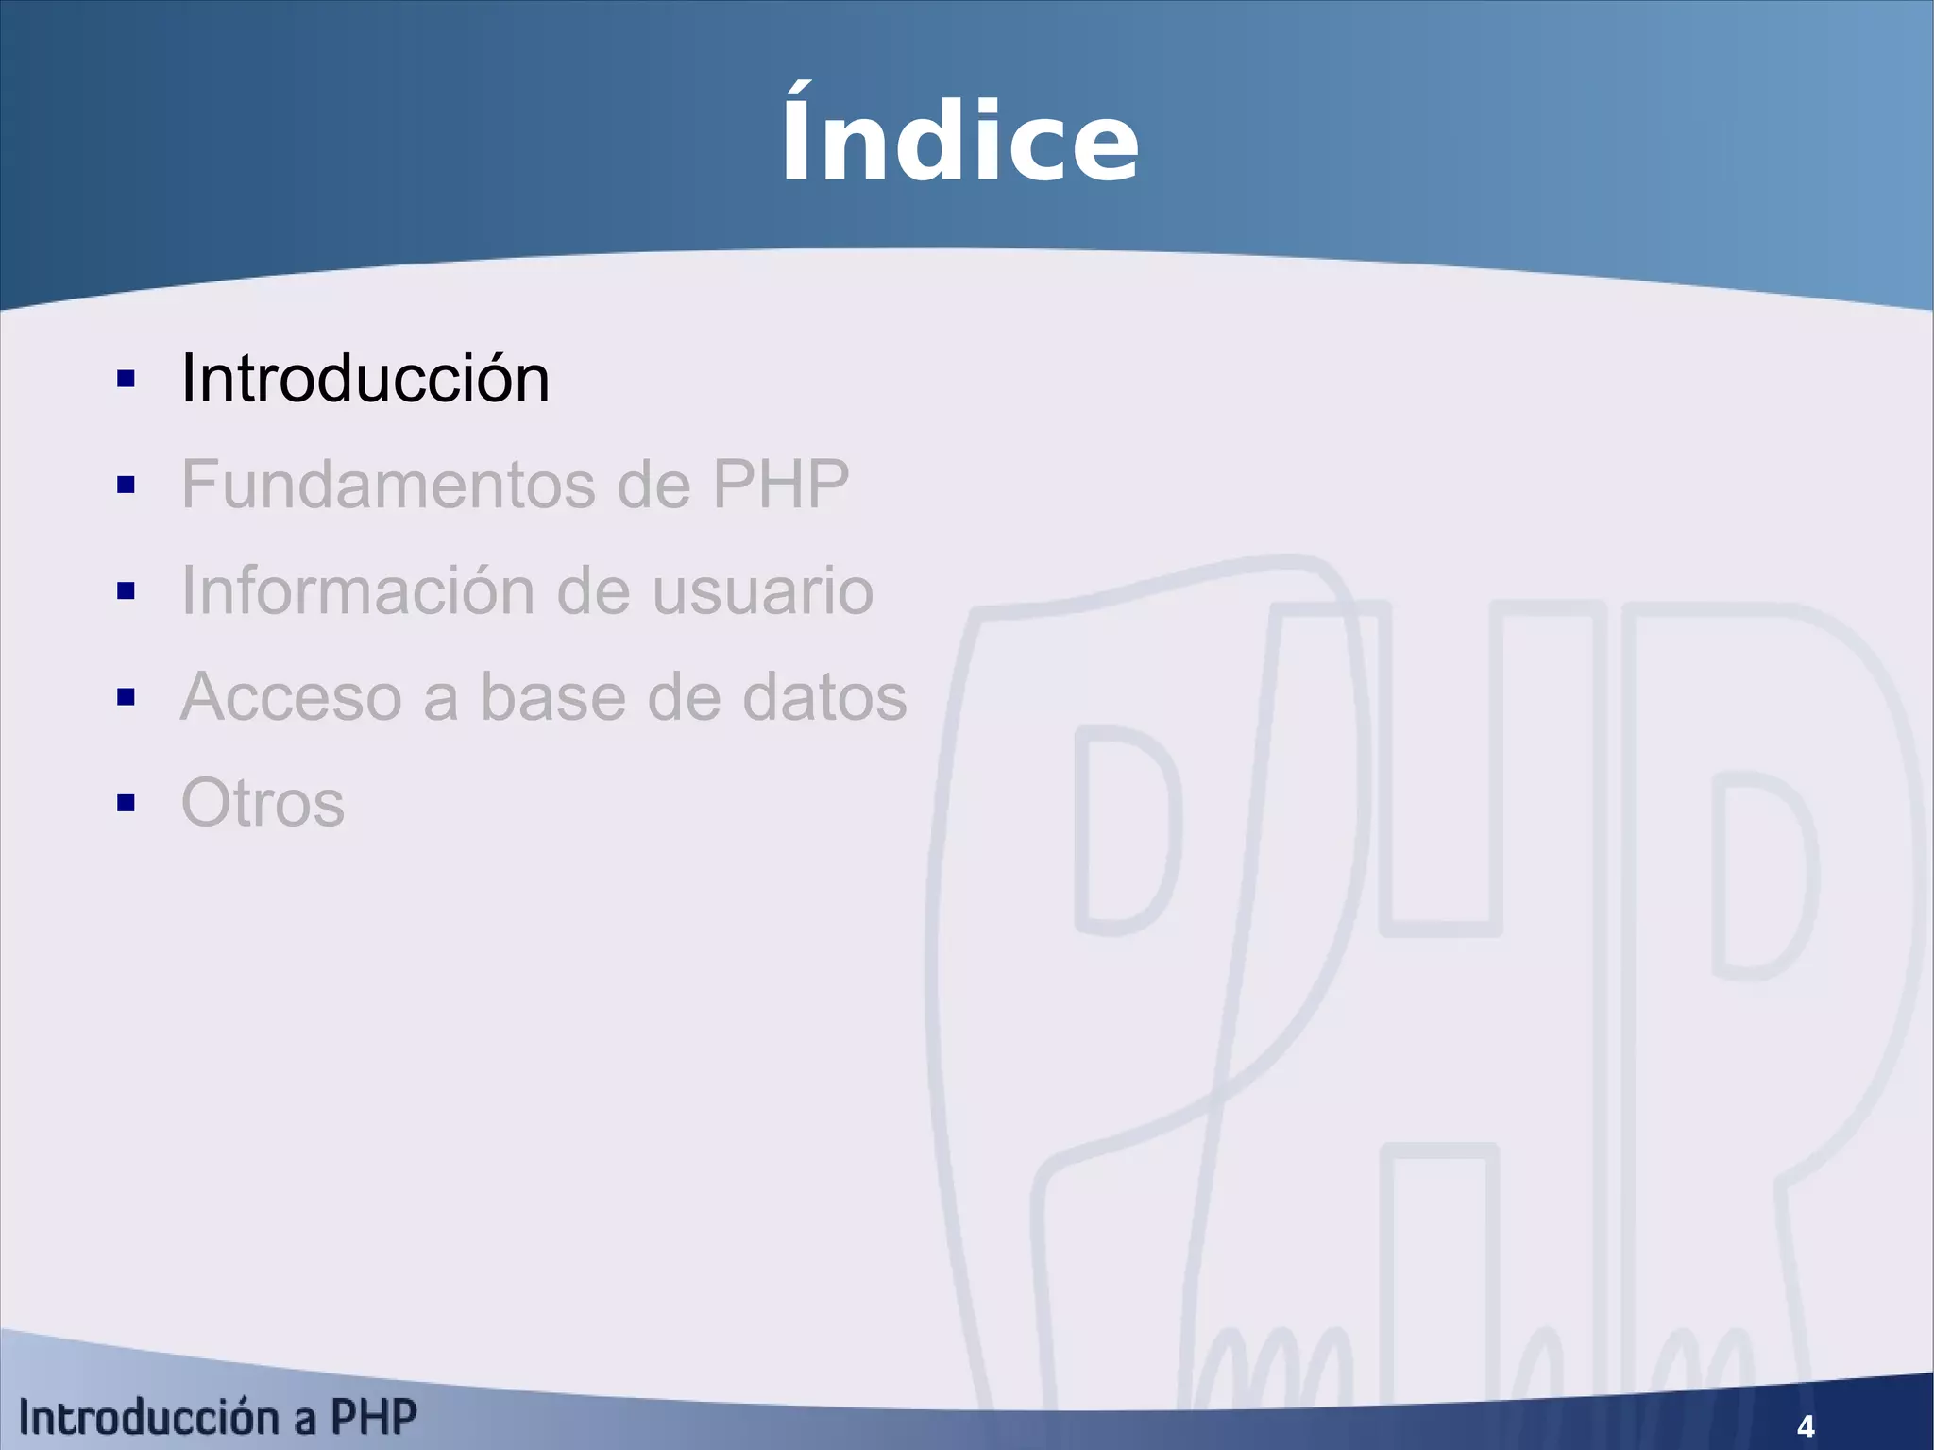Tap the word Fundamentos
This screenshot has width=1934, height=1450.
pos(388,485)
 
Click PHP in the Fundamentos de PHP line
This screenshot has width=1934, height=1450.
pos(780,485)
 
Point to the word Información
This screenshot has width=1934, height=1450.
pos(358,591)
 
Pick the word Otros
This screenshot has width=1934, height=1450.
pos(263,804)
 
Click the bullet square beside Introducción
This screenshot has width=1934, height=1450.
pos(126,380)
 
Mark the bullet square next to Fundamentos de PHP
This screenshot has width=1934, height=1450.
pos(126,486)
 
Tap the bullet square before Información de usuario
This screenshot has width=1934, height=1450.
pos(126,591)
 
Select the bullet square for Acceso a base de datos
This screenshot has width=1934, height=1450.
pos(126,698)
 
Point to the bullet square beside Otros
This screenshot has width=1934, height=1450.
pos(126,804)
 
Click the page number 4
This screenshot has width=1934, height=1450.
pos(1806,1425)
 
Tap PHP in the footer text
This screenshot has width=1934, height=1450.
pos(373,1418)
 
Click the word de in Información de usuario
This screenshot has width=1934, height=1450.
pos(593,591)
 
